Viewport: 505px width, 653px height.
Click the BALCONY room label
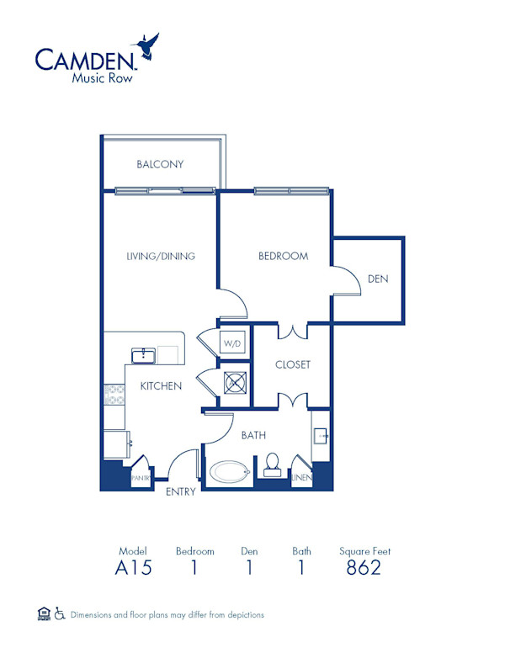click(160, 164)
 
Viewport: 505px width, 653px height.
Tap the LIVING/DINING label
click(161, 256)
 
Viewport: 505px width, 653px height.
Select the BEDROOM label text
click(283, 256)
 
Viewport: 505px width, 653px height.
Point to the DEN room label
click(378, 279)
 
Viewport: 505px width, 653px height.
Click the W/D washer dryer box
click(232, 343)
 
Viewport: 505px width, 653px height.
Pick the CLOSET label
click(293, 364)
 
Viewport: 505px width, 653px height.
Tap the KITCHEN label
click(161, 386)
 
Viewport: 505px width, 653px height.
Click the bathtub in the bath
click(230, 471)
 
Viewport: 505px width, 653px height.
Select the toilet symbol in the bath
click(272, 465)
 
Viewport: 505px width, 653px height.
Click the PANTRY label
click(139, 478)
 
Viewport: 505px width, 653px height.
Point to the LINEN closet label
click(301, 478)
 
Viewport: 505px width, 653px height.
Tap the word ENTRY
click(181, 491)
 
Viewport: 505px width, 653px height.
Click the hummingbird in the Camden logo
click(149, 47)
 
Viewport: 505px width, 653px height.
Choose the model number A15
click(133, 568)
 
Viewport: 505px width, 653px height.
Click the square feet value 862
click(364, 568)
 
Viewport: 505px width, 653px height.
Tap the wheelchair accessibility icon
click(60, 614)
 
